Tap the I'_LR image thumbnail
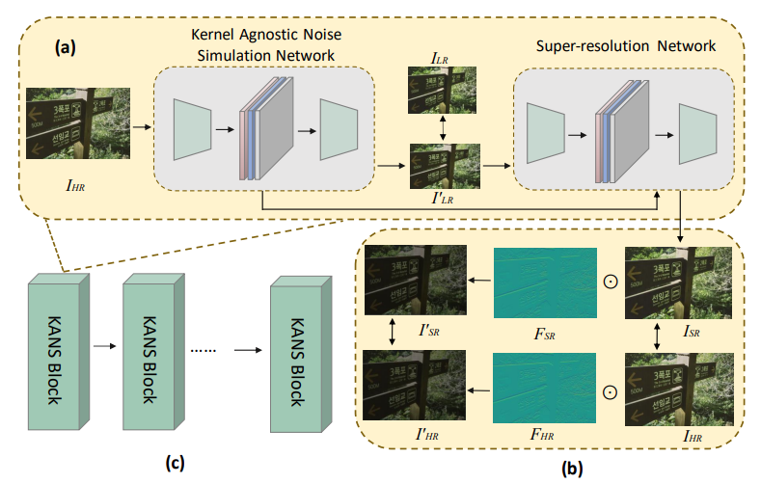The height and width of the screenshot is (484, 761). coord(443,165)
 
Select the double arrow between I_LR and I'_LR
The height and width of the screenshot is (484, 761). coord(443,131)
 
